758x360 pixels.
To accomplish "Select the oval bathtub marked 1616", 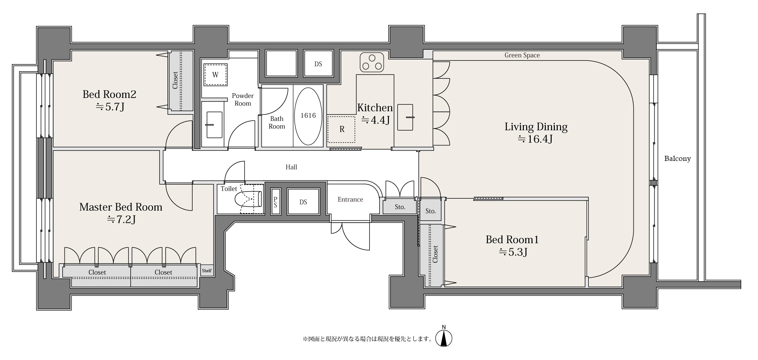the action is click(308, 116).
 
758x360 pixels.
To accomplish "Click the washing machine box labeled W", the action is click(215, 75).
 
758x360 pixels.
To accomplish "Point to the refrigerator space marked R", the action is click(341, 129).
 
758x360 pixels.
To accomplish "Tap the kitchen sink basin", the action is click(405, 117).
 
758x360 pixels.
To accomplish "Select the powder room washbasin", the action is click(215, 125).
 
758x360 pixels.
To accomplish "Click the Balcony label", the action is click(677, 159).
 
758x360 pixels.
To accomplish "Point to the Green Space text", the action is click(522, 55).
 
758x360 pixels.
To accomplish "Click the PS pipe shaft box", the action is click(275, 202).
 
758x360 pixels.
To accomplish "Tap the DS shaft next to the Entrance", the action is click(303, 202).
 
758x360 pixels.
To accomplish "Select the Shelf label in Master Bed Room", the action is click(207, 271).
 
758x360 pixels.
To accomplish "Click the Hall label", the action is click(291, 167).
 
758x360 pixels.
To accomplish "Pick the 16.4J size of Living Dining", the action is click(535, 139).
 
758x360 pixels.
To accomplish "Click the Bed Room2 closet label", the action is click(175, 80).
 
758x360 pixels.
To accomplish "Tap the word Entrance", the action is click(350, 199).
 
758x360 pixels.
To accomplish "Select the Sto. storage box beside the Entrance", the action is click(400, 207).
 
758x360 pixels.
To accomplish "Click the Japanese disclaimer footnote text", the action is click(367, 339).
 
